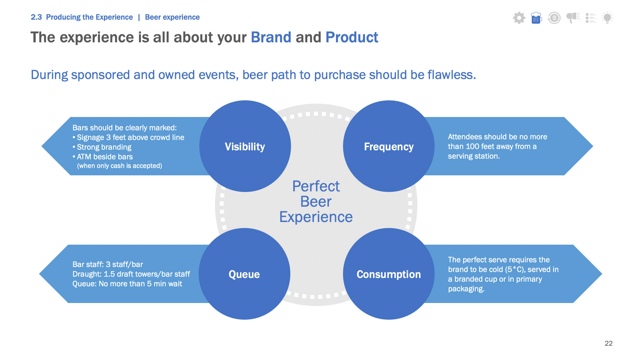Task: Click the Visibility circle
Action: tap(245, 146)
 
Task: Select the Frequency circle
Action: tap(389, 146)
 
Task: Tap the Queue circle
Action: tap(244, 274)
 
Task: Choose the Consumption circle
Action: tap(389, 274)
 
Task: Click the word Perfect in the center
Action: tap(316, 186)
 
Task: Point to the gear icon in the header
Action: tap(519, 18)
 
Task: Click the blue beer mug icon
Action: tap(536, 18)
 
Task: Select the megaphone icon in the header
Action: tap(573, 18)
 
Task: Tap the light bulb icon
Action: tap(607, 18)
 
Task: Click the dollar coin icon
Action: tap(554, 18)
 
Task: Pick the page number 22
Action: tap(609, 343)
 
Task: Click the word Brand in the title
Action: tap(271, 37)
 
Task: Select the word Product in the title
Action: tap(352, 37)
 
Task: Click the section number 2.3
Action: tap(36, 17)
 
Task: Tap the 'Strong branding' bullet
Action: tap(102, 147)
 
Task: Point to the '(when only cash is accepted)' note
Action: tap(120, 166)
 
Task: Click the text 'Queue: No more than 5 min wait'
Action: tap(127, 284)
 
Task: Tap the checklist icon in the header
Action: tap(591, 18)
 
